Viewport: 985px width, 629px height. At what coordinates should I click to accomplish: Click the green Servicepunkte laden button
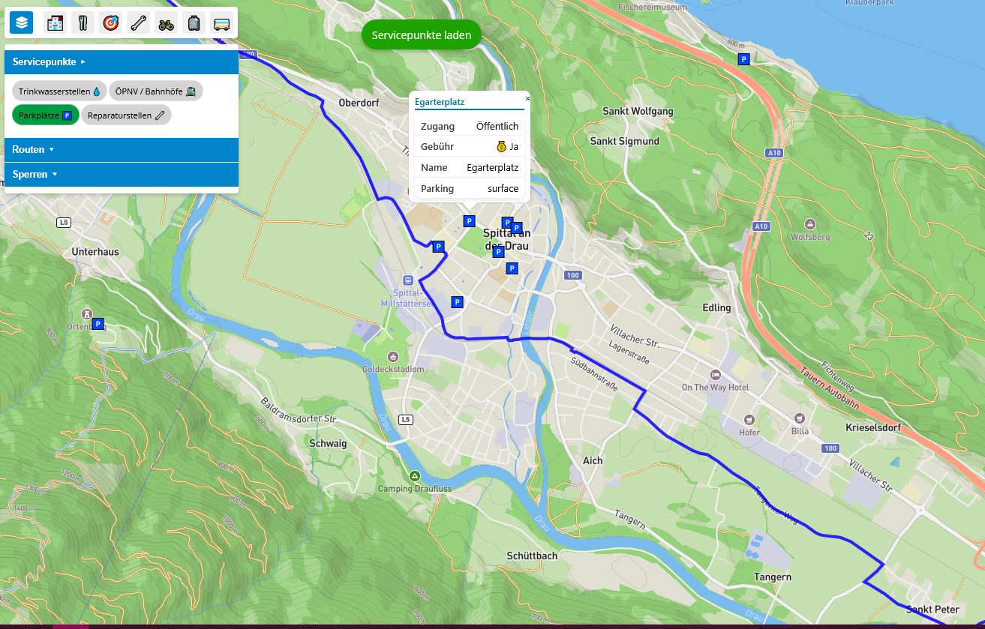421,35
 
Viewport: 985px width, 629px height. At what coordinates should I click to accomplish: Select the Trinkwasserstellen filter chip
59,91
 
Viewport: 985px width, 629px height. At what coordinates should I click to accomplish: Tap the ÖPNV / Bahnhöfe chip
155,91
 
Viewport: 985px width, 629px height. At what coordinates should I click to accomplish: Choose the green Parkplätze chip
45,115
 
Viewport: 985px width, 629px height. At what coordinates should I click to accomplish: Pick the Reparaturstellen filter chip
126,115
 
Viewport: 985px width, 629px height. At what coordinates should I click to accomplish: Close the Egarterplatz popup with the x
527,98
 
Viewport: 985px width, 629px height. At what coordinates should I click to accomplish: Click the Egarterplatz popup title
440,102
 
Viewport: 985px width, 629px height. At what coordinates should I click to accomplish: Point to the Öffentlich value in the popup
497,126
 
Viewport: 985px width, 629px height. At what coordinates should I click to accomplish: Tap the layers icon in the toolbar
21,22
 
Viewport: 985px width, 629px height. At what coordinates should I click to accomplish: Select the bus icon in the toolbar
221,23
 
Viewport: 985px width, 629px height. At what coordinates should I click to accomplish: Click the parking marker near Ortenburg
98,324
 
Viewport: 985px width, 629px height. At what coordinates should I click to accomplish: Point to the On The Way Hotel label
715,388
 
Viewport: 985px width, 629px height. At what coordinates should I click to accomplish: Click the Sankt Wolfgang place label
638,112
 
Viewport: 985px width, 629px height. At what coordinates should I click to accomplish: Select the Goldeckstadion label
393,369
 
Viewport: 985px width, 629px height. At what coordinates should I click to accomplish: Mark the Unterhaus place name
95,252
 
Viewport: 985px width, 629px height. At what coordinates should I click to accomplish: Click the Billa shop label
800,431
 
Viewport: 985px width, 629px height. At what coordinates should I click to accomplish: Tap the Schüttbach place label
532,556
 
